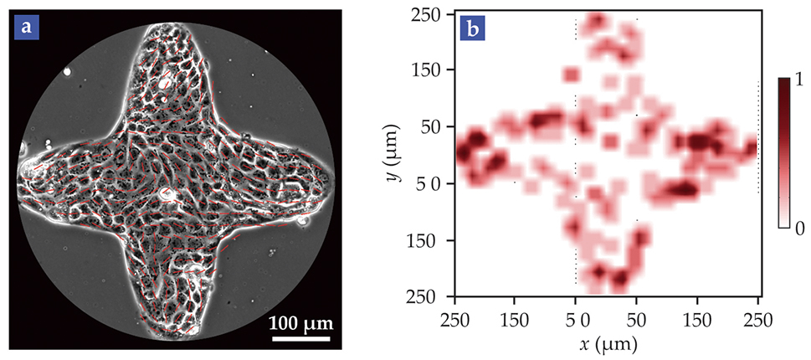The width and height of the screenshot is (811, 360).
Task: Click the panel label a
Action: pyautogui.click(x=27, y=28)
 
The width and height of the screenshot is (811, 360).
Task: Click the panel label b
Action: pyautogui.click(x=472, y=28)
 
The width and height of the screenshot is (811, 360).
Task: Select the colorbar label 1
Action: pyautogui.click(x=798, y=79)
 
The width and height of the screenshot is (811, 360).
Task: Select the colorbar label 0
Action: pyautogui.click(x=798, y=228)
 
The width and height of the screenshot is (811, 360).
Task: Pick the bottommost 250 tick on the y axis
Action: pyautogui.click(x=430, y=296)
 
